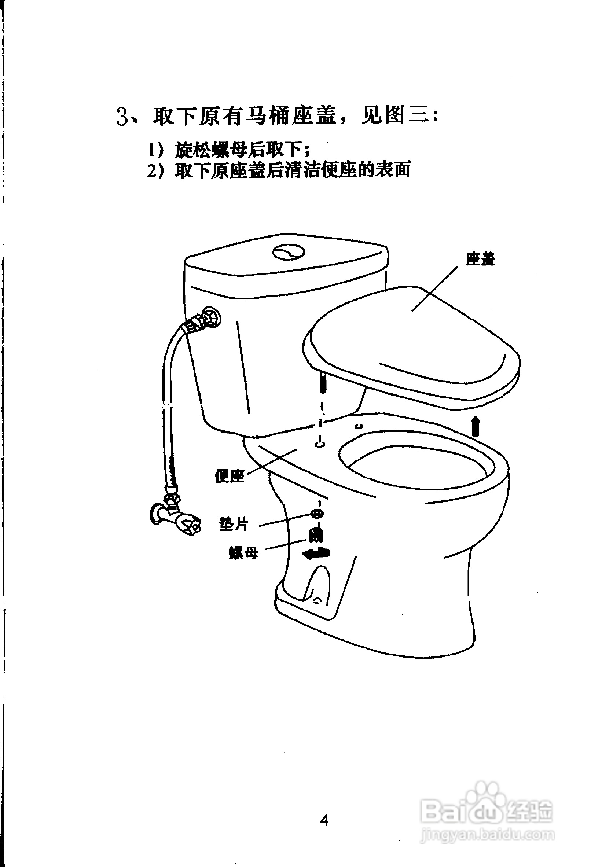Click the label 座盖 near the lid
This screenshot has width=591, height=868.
point(480,259)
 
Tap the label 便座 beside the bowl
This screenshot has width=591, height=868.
point(230,476)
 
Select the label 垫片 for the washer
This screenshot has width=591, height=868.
point(234,524)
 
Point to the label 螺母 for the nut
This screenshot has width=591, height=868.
point(243,552)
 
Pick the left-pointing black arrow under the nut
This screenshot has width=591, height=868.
point(316,553)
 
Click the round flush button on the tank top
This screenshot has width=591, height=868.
point(289,252)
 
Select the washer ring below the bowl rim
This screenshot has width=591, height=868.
point(317,513)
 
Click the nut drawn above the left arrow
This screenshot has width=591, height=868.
point(316,535)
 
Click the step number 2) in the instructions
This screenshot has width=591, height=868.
point(155,171)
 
